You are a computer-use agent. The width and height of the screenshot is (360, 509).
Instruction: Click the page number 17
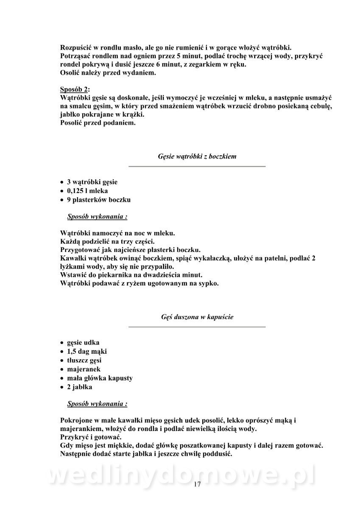click(x=197, y=484)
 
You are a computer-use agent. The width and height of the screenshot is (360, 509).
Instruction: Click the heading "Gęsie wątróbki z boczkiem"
click(x=197, y=157)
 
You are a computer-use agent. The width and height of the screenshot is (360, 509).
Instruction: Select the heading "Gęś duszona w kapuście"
click(x=197, y=317)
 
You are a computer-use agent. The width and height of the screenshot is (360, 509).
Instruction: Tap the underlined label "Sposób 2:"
click(x=75, y=89)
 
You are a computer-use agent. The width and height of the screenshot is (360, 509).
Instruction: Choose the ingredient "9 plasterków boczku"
click(x=98, y=200)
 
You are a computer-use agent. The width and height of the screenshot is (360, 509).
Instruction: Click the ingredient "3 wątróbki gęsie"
click(x=92, y=182)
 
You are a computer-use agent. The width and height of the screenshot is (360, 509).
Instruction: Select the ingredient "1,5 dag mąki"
click(x=87, y=351)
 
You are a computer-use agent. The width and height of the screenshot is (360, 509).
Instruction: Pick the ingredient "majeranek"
click(x=84, y=369)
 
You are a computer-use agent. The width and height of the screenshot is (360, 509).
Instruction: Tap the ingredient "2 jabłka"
click(x=79, y=387)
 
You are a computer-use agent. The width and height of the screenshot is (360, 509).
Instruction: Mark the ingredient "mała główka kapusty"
click(x=100, y=378)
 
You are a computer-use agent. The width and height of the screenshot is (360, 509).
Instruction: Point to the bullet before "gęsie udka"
click(x=62, y=343)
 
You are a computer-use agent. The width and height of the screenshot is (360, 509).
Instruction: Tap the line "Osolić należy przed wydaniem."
click(x=108, y=73)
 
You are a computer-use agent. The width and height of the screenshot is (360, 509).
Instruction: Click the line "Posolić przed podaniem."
click(x=98, y=123)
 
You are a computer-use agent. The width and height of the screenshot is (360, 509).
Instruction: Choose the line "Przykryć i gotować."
click(x=91, y=437)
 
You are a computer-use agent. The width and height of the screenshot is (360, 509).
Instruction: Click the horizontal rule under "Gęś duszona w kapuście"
click(x=197, y=327)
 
